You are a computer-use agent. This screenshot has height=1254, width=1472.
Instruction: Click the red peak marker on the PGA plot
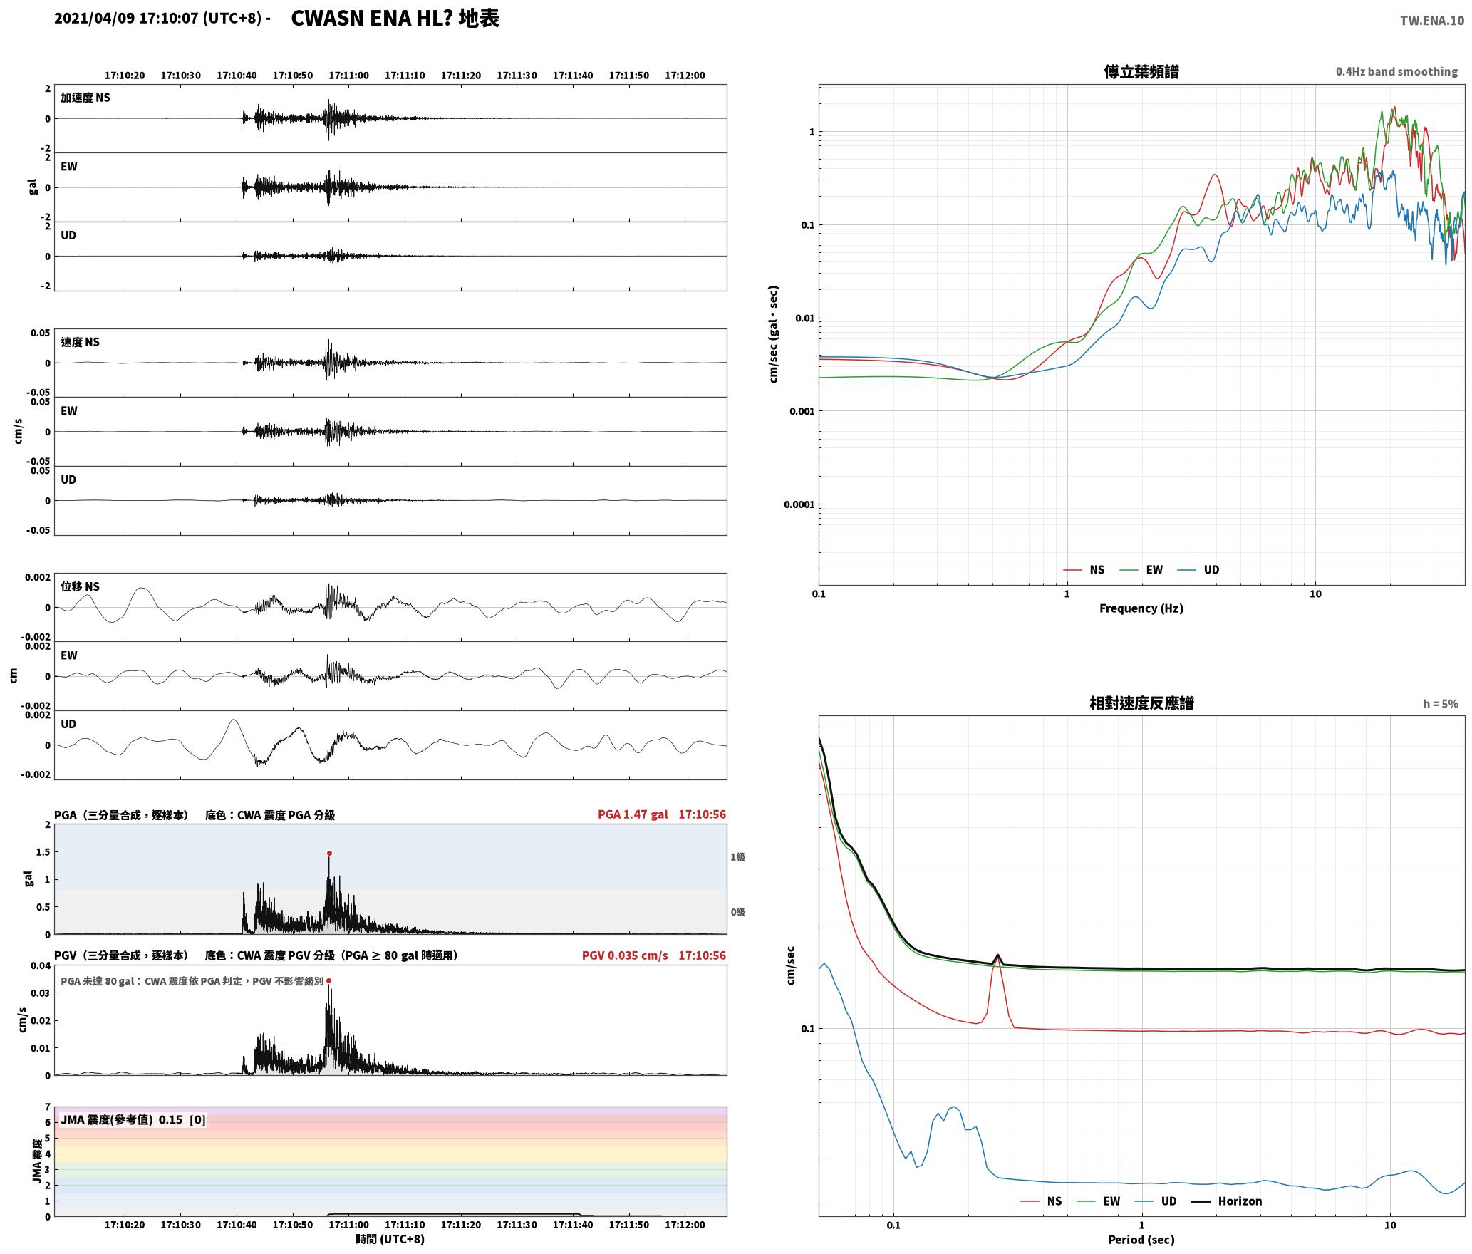pyautogui.click(x=329, y=853)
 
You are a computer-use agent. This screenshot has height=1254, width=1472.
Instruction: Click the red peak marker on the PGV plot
pyautogui.click(x=328, y=981)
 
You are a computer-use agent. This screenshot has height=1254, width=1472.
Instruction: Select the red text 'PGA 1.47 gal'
pyautogui.click(x=633, y=814)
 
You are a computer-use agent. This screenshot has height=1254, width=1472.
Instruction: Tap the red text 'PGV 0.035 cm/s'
pyautogui.click(x=625, y=955)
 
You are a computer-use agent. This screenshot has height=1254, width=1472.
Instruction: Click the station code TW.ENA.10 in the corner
pyautogui.click(x=1432, y=21)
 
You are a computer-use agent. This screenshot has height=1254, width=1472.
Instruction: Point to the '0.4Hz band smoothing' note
pyautogui.click(x=1396, y=71)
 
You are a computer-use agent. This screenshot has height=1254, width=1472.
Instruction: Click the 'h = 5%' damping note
pyautogui.click(x=1441, y=704)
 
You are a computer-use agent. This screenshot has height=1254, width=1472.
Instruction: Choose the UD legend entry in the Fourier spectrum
pyautogui.click(x=1198, y=569)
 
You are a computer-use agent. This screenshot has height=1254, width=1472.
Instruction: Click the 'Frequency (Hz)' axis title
pyautogui.click(x=1141, y=608)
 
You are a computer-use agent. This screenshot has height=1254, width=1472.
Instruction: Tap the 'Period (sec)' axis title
pyautogui.click(x=1141, y=1240)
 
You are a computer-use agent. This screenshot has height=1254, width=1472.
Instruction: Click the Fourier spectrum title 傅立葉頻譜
pyautogui.click(x=1141, y=71)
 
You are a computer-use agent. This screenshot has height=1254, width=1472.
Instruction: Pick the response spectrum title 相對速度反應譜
pyautogui.click(x=1141, y=703)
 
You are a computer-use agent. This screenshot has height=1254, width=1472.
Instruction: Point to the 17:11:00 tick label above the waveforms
pyautogui.click(x=348, y=75)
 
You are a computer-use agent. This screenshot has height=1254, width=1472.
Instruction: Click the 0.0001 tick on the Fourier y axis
pyautogui.click(x=799, y=504)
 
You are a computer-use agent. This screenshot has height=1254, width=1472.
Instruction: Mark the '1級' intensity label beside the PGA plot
pyautogui.click(x=737, y=857)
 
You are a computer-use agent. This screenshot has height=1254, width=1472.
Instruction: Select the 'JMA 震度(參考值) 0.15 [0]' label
pyautogui.click(x=133, y=1119)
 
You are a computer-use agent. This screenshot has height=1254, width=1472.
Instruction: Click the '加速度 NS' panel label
pyautogui.click(x=85, y=98)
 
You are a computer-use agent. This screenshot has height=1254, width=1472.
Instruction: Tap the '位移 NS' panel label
pyautogui.click(x=80, y=586)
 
